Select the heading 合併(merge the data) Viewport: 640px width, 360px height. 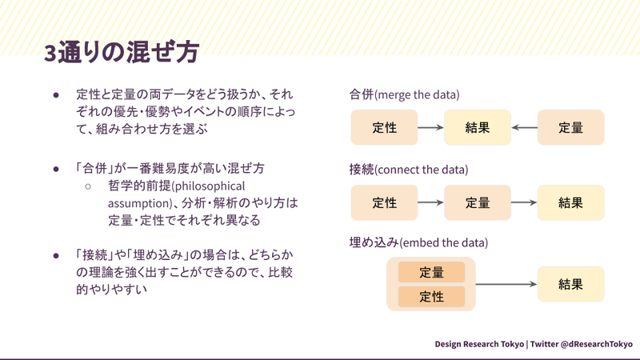(x=404, y=94)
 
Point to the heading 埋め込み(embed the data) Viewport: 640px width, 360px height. (x=418, y=242)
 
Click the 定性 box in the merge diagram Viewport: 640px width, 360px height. (x=384, y=127)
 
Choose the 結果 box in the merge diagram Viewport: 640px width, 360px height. (x=478, y=127)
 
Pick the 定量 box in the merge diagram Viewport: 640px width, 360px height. (x=570, y=127)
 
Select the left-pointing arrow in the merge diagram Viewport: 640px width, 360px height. (x=524, y=127)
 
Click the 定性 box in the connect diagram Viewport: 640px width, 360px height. (x=384, y=202)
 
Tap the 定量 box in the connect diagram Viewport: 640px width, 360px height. (x=478, y=202)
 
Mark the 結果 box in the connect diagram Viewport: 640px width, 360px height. (x=570, y=202)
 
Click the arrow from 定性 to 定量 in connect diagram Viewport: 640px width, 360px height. (x=430, y=202)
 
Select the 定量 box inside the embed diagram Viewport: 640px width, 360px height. (x=431, y=272)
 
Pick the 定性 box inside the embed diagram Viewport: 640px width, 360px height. (x=431, y=297)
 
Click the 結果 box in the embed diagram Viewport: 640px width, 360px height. (x=570, y=284)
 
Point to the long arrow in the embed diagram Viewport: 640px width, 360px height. (x=506, y=284)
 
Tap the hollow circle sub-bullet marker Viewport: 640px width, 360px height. (x=88, y=186)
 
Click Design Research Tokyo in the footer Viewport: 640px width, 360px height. (x=479, y=343)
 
